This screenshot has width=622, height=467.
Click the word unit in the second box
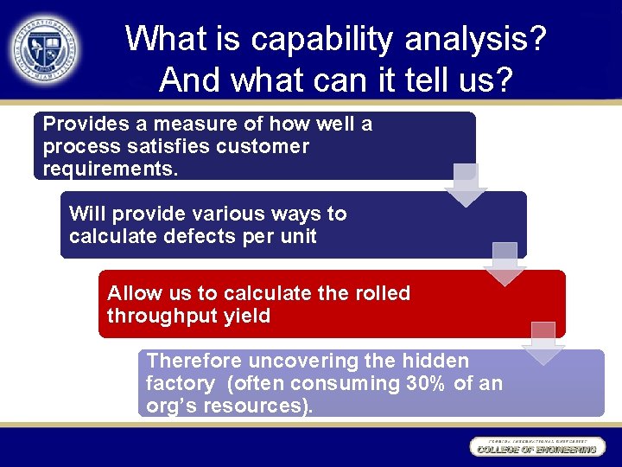click(298, 236)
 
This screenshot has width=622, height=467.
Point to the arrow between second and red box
click(505, 264)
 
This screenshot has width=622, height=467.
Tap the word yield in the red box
click(246, 316)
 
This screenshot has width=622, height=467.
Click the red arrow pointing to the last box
click(543, 342)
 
